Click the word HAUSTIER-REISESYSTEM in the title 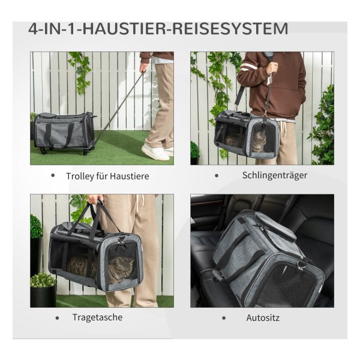185,29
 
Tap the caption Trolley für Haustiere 107,176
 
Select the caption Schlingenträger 275,175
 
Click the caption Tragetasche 97,317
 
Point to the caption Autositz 263,318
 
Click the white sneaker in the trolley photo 155,152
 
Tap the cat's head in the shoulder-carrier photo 260,139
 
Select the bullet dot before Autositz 224,318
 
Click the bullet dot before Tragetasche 57,318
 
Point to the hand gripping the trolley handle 144,67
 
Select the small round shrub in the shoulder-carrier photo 194,149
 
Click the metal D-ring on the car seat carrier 300,265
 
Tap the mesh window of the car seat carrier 287,284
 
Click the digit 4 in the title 32,29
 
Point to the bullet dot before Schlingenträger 217,176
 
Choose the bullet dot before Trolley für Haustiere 53,176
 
